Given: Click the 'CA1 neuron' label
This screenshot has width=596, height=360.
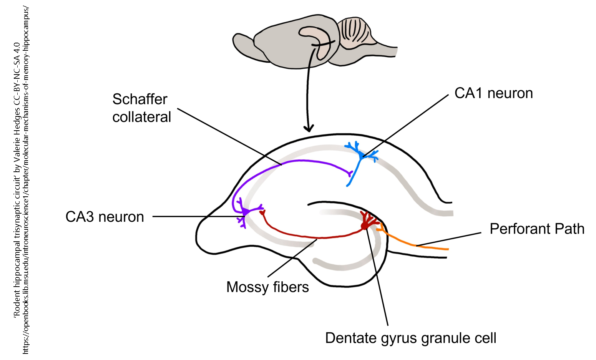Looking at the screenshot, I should (x=493, y=93).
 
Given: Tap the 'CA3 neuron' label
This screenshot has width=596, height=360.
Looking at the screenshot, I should (x=105, y=217).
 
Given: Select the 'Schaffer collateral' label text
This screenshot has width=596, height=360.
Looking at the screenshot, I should (x=141, y=108).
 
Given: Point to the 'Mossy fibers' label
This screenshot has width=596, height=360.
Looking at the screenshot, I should (x=267, y=287).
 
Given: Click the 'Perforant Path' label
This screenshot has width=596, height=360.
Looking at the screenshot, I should (x=536, y=229).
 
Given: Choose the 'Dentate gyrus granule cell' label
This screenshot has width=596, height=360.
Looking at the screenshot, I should (x=410, y=338).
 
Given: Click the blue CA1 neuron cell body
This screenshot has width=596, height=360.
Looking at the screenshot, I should (x=362, y=156).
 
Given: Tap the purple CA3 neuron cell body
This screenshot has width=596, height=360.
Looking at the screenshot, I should (x=244, y=211).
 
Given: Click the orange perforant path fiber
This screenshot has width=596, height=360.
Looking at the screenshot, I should (x=415, y=244).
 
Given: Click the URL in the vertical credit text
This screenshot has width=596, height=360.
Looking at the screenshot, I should (x=26, y=181).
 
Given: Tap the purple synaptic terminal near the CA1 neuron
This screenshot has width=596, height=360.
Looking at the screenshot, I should (x=350, y=174).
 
